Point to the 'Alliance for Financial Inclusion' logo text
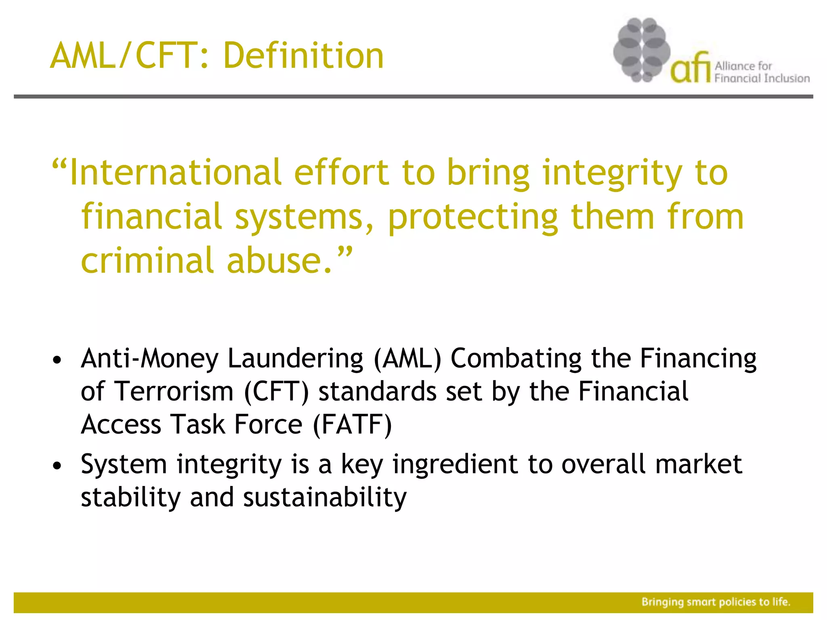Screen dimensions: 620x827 tap(762, 72)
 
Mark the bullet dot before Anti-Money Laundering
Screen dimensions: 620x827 tap(57, 360)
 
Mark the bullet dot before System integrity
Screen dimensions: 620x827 tap(57, 465)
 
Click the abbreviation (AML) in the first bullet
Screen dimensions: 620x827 tap(407, 358)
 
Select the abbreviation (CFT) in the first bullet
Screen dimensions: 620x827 tap(277, 392)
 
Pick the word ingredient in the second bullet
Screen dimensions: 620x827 tap(455, 464)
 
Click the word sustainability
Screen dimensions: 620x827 tap(325, 497)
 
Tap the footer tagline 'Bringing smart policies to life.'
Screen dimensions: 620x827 tap(716, 602)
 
